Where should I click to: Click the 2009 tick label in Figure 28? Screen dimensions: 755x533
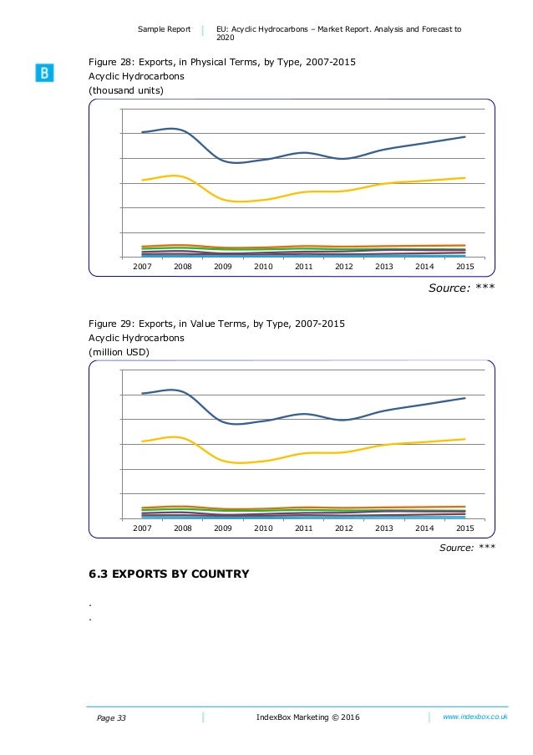[223, 266]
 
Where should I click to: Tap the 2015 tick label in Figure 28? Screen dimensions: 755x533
[465, 266]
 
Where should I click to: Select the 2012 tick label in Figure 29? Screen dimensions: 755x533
[344, 528]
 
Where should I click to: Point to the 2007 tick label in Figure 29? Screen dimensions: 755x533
[142, 528]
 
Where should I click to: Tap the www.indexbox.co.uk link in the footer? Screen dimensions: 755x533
[476, 717]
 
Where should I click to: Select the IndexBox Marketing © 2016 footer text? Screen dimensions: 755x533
[309, 717]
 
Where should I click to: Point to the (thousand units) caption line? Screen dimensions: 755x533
[126, 90]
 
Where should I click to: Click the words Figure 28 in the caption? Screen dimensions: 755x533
[109, 61]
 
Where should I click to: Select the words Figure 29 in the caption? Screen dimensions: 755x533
[109, 324]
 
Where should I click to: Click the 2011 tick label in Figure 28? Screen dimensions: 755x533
[303, 266]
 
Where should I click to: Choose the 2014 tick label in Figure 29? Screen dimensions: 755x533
[425, 528]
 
